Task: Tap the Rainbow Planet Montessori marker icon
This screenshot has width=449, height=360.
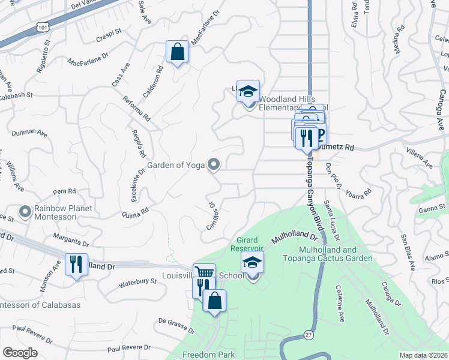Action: pos(25,212)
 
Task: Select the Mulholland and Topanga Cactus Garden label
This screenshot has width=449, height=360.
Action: pos(334,254)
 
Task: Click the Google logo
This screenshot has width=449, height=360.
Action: pos(20,353)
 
